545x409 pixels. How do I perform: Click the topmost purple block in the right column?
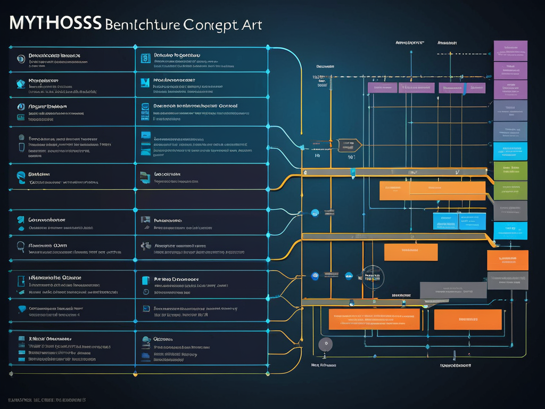510,51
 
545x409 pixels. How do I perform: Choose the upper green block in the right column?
510,170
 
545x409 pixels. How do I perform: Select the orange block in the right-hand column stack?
507,260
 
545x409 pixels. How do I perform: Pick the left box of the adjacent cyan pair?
445,221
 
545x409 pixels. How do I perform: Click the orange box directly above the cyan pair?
432,191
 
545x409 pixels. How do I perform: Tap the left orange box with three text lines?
375,319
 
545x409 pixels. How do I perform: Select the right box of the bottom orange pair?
468,319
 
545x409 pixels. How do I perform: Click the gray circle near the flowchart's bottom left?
325,344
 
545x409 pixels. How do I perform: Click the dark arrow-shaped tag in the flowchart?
349,144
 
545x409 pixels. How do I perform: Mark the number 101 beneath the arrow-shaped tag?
351,157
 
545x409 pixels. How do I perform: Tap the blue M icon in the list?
144,82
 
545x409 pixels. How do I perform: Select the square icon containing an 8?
144,59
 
